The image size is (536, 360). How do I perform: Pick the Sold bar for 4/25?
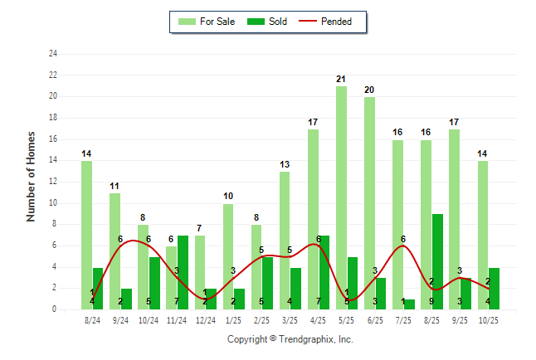tap(324, 272)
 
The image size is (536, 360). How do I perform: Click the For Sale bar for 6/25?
tap(369, 203)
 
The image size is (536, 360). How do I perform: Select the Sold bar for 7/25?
tap(409, 304)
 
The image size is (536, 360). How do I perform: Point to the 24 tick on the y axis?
tap(53, 54)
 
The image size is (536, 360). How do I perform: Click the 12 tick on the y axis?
tap(53, 182)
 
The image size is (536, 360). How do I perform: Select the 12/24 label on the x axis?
tap(205, 320)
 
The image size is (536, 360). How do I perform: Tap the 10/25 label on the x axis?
tap(488, 320)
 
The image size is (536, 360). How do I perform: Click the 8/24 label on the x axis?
tap(91, 320)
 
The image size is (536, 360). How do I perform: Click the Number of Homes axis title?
tap(32, 176)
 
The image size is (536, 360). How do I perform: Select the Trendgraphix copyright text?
tap(290, 339)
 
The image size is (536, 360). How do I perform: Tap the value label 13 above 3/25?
tap(285, 164)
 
